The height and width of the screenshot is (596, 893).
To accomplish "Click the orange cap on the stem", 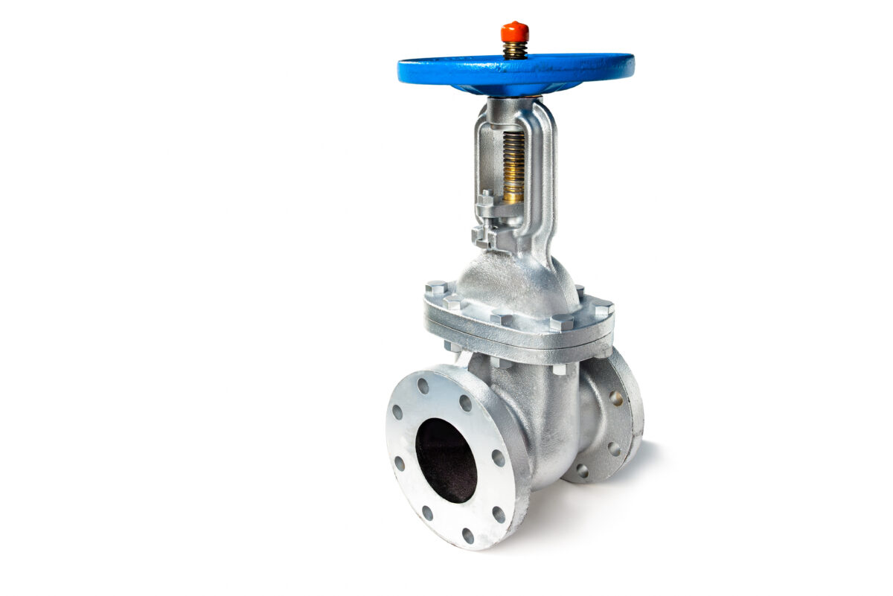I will tap(514, 31).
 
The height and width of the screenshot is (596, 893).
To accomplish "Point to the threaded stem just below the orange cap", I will tap(514, 50).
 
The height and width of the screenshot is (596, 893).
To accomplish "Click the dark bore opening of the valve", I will tap(446, 460).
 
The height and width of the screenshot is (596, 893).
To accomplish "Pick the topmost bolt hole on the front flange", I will tap(423, 385).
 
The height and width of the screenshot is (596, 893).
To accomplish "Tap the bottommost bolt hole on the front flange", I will tap(467, 535).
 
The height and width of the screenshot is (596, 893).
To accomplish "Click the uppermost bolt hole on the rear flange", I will tap(616, 397).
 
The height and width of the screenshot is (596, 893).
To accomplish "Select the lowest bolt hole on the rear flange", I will tap(582, 470).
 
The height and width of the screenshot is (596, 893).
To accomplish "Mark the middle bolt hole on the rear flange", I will tap(614, 449).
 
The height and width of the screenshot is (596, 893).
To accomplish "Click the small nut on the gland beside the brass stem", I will tap(485, 199).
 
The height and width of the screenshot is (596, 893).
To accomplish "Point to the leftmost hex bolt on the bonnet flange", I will tap(436, 288).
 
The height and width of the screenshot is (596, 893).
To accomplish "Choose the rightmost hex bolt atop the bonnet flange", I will tap(603, 307).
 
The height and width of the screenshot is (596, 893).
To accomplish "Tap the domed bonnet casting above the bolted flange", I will tap(513, 279).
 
